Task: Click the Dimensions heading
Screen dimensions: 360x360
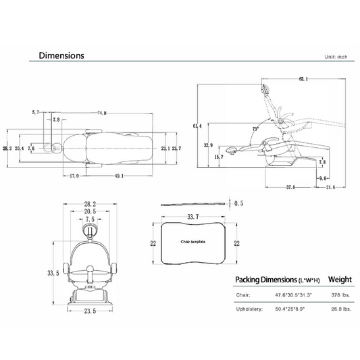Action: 61,55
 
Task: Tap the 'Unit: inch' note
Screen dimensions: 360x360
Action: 336,57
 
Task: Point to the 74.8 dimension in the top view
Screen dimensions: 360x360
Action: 102,113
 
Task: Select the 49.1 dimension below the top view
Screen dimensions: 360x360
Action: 119,176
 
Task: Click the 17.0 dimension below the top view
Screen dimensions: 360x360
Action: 74,176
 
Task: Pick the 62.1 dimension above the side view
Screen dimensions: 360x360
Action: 303,79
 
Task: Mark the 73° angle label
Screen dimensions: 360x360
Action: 255,129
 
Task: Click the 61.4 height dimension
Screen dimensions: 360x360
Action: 197,126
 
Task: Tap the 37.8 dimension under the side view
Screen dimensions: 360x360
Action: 290,187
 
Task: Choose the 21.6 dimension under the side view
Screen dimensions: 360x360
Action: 330,187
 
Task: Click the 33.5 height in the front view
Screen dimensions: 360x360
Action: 53,274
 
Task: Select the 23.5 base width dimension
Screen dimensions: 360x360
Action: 90,311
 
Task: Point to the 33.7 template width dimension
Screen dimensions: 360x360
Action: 193,217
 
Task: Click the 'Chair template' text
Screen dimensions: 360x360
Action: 193,242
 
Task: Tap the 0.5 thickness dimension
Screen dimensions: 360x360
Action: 239,203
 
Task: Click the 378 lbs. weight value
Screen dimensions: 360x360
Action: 340,295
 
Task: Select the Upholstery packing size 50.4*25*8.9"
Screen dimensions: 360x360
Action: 290,309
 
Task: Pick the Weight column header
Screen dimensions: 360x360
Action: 340,280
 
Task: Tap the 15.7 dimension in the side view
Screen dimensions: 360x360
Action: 219,157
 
